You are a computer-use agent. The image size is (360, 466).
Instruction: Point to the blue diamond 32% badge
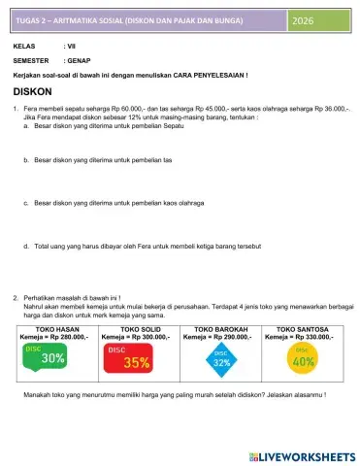coord(221,360)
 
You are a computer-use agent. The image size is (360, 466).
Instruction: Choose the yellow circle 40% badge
coord(304,359)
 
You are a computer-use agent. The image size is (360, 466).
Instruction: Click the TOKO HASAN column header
coord(55,329)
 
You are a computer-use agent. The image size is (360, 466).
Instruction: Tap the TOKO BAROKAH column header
coord(221,329)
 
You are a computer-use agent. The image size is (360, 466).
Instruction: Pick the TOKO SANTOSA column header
coord(304,329)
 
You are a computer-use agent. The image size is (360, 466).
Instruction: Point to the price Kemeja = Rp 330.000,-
coord(304,337)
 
